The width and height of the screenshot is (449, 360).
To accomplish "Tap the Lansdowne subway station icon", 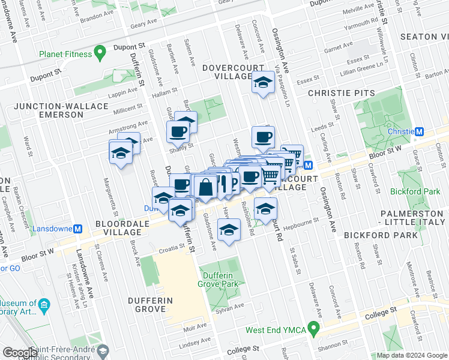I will coord(77,229).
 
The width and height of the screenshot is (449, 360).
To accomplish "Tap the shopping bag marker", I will coord(205,186).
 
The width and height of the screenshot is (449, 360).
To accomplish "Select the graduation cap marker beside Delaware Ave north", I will coord(263,83).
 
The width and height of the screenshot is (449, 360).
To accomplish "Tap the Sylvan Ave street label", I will coord(231,307).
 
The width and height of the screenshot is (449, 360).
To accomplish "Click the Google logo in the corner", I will coord(20,353).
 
